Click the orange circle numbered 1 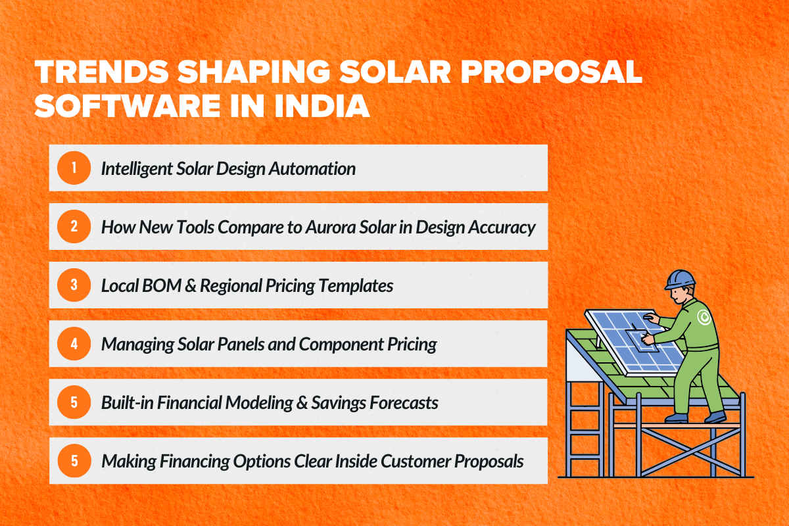click(x=74, y=168)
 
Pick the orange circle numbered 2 click(x=74, y=227)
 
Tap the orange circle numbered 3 click(x=74, y=285)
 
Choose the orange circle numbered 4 click(x=74, y=344)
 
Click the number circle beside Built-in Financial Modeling click(x=74, y=402)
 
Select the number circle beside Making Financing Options click(x=74, y=461)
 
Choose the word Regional click(x=227, y=286)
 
